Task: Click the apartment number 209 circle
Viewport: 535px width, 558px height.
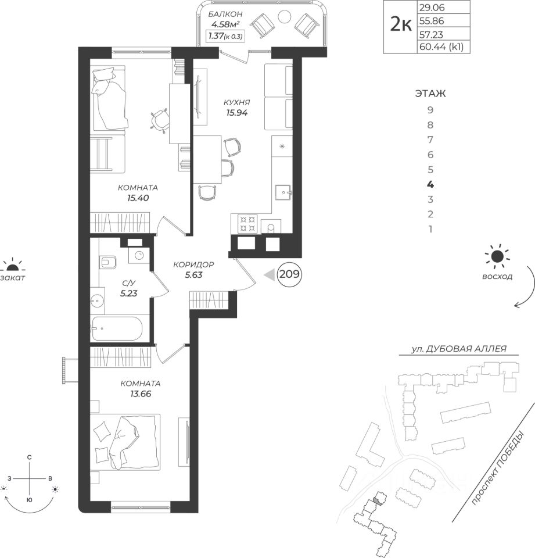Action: click(289, 274)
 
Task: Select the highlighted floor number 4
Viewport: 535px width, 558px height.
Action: click(430, 184)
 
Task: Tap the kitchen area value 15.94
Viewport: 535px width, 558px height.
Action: click(236, 113)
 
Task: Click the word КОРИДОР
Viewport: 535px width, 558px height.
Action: click(193, 264)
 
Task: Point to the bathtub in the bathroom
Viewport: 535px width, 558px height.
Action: click(117, 328)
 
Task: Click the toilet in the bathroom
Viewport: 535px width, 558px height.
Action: click(108, 262)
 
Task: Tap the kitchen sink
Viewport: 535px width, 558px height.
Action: click(283, 192)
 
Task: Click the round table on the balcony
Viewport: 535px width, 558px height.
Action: click(284, 16)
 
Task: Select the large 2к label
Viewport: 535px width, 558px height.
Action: click(401, 25)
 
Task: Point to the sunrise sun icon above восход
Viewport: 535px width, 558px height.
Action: click(497, 256)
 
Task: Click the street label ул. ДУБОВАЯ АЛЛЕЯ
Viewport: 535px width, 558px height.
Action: click(459, 349)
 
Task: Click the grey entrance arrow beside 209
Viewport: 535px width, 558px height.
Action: click(270, 274)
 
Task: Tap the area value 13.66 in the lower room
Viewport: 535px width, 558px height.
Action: click(141, 394)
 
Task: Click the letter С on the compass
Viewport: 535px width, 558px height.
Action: click(30, 457)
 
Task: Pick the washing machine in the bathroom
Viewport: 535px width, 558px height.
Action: click(139, 255)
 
